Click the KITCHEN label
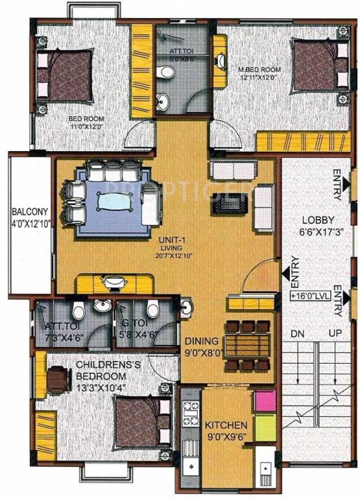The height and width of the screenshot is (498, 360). [x=225, y=425]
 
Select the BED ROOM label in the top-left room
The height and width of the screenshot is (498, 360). [x=86, y=119]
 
